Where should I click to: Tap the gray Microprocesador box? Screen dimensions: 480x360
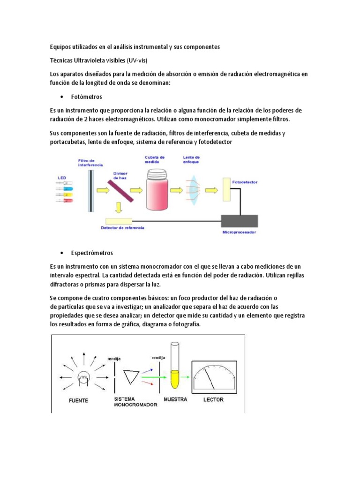(239, 221)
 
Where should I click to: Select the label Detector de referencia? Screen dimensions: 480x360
(122, 228)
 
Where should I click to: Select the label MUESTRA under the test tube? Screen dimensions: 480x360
(175, 399)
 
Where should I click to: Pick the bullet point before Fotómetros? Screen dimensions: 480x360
(62, 97)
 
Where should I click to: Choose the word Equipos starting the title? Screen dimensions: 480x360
(60, 47)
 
